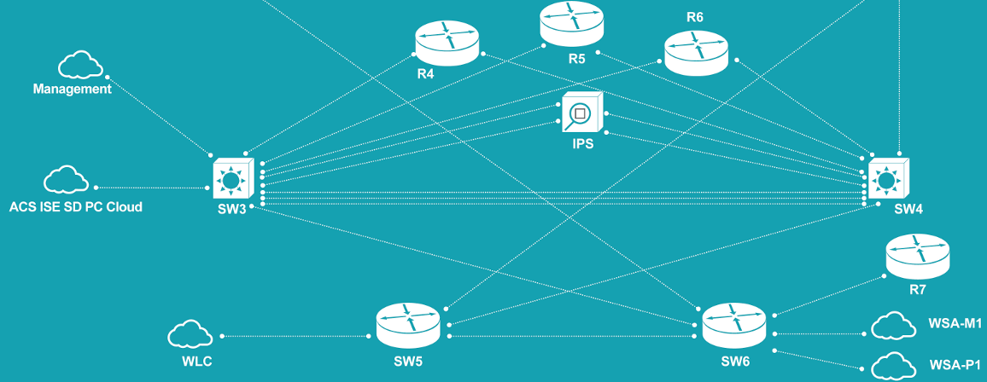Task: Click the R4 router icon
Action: tap(447, 43)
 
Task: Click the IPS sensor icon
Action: tap(582, 113)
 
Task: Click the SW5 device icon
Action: tap(408, 326)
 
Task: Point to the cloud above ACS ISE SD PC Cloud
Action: tap(66, 180)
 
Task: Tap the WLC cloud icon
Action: tap(190, 334)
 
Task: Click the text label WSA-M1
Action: tap(955, 324)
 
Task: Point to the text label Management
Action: tap(72, 89)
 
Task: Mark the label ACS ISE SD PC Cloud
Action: tap(75, 206)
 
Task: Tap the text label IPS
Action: tap(582, 144)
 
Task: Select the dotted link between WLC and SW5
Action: tap(295, 336)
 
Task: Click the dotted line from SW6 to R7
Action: tap(826, 295)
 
